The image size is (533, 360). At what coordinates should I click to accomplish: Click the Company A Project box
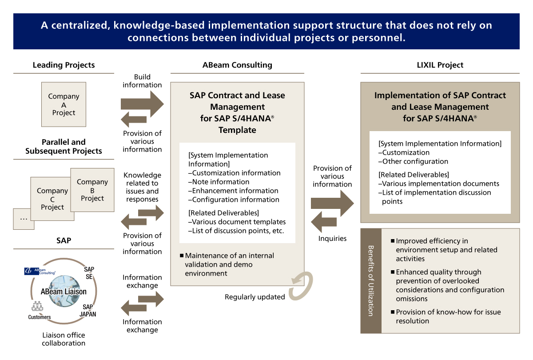coord(64,104)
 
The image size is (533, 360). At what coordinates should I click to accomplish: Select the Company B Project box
coord(92,190)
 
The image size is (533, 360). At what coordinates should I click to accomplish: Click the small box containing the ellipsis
coord(23,219)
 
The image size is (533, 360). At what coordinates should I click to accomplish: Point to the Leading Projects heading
coord(64,65)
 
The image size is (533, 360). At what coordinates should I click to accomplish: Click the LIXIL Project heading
coord(440,65)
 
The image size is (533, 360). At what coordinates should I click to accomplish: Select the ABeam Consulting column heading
coord(237,65)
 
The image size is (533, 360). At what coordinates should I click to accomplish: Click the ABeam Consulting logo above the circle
coord(40,271)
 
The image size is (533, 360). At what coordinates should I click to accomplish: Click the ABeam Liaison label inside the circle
coord(64,292)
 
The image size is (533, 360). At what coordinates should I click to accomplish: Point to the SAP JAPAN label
coord(89,310)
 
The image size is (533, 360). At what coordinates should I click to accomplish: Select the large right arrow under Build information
coord(142,104)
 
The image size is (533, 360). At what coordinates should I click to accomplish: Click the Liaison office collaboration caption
coord(64,339)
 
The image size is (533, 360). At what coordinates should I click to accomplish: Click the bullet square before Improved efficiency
coord(393,241)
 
